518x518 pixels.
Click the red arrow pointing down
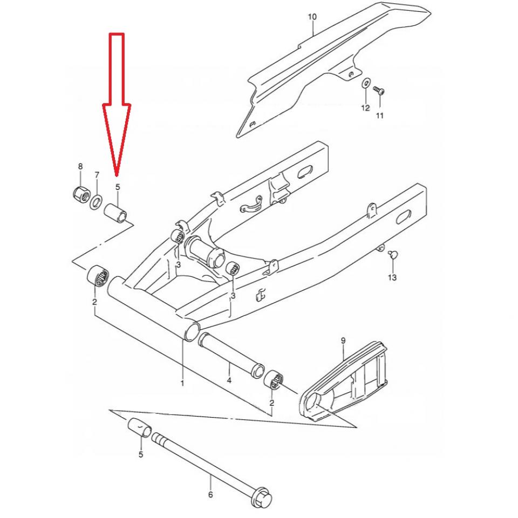[117, 103]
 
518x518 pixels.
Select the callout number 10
[312, 17]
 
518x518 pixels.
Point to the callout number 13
[392, 277]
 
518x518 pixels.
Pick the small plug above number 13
[392, 254]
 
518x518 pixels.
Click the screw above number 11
[379, 90]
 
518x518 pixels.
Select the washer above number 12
[366, 83]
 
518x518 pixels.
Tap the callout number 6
[210, 495]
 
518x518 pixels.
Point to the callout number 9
[343, 340]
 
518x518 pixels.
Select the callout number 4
[229, 380]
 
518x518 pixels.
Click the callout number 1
[182, 383]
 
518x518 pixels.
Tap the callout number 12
[365, 108]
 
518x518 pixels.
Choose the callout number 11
[379, 115]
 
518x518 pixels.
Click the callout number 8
[80, 167]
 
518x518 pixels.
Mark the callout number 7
[97, 175]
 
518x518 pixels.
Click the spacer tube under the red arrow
[116, 213]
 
